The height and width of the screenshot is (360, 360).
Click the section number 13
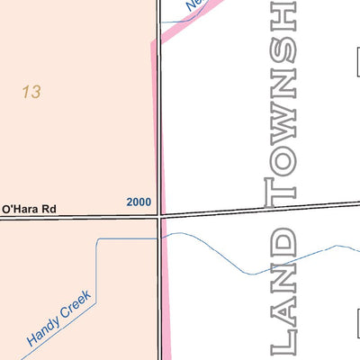click(x=31, y=92)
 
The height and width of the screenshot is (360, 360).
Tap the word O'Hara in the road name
click(x=21, y=209)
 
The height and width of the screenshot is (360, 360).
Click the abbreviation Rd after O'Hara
click(x=49, y=209)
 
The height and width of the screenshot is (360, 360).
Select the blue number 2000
click(x=139, y=202)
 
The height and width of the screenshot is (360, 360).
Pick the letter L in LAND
click(x=283, y=340)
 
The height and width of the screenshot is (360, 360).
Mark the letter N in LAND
click(x=283, y=275)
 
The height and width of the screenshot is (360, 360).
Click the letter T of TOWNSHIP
click(x=281, y=190)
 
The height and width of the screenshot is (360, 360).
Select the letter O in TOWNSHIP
click(x=281, y=160)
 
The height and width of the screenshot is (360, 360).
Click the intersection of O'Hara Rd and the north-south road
click(x=161, y=217)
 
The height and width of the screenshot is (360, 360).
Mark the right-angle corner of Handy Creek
click(x=96, y=239)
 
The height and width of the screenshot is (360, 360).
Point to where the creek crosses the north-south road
click(x=162, y=236)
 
